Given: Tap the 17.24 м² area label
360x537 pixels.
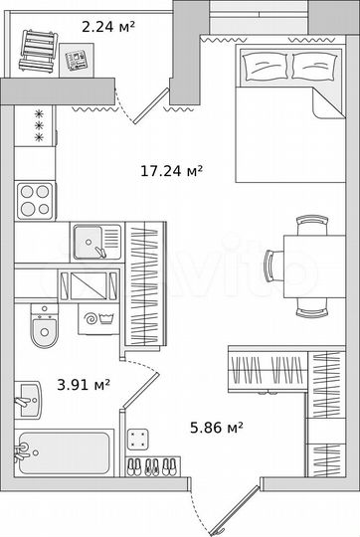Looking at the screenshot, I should coord(171,171).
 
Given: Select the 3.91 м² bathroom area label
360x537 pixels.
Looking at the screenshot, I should coord(84,384).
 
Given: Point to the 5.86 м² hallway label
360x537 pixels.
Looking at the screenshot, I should coord(217,428).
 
